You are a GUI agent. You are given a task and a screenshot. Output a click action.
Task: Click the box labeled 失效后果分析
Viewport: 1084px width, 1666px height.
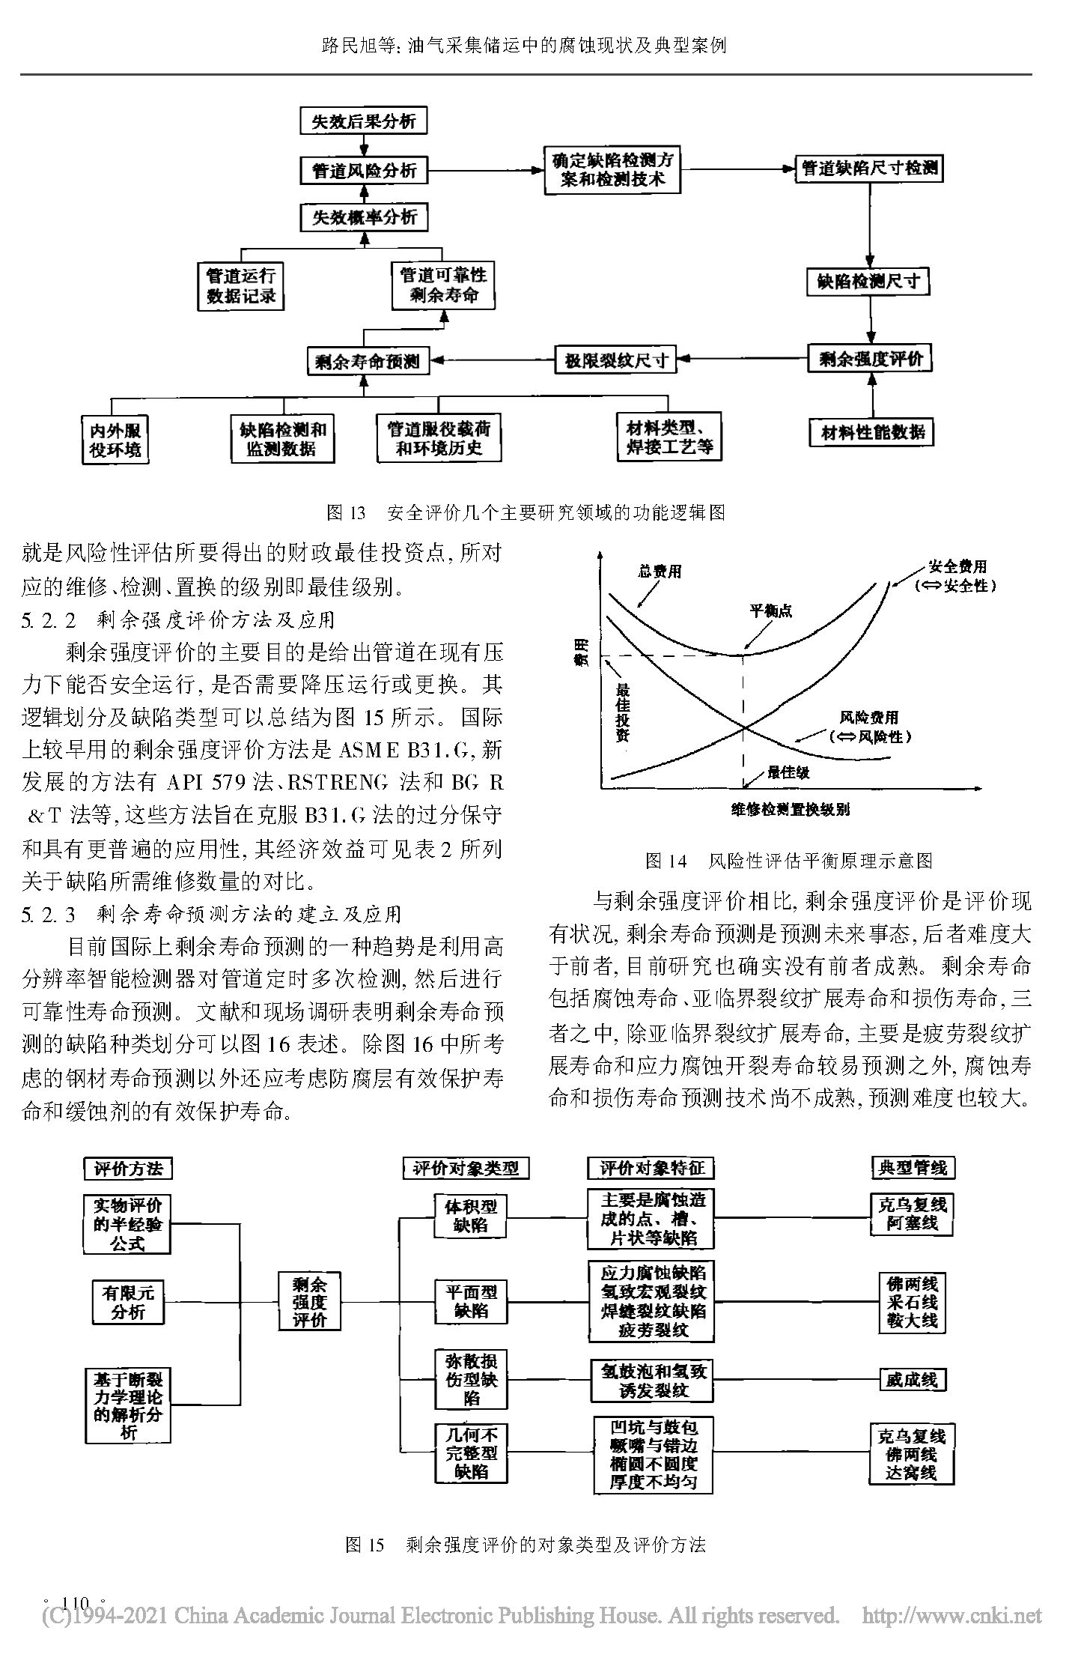[x=363, y=121]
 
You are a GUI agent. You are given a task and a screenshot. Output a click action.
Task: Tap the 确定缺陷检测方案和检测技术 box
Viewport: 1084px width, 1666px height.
[x=612, y=170]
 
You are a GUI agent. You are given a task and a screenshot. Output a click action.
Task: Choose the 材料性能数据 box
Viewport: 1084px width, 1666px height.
[x=872, y=432]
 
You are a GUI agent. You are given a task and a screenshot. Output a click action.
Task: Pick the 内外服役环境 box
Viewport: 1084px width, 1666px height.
[x=115, y=440]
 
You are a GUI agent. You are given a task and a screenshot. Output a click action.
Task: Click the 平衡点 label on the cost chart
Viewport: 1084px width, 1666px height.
[x=770, y=611]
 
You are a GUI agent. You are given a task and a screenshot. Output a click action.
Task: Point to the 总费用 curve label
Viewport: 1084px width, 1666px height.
[x=660, y=572]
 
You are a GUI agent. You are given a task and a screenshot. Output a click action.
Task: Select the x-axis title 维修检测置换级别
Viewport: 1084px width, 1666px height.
[x=791, y=810]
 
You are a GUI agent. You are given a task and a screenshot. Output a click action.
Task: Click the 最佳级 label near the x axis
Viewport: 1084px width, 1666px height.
[x=788, y=772]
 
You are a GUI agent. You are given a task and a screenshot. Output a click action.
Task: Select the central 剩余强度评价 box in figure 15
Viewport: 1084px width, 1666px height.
[x=309, y=1301]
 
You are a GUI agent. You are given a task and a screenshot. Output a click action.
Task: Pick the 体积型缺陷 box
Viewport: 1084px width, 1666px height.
[x=471, y=1216]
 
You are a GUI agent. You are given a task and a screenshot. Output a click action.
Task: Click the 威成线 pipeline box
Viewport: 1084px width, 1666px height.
[x=912, y=1380]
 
